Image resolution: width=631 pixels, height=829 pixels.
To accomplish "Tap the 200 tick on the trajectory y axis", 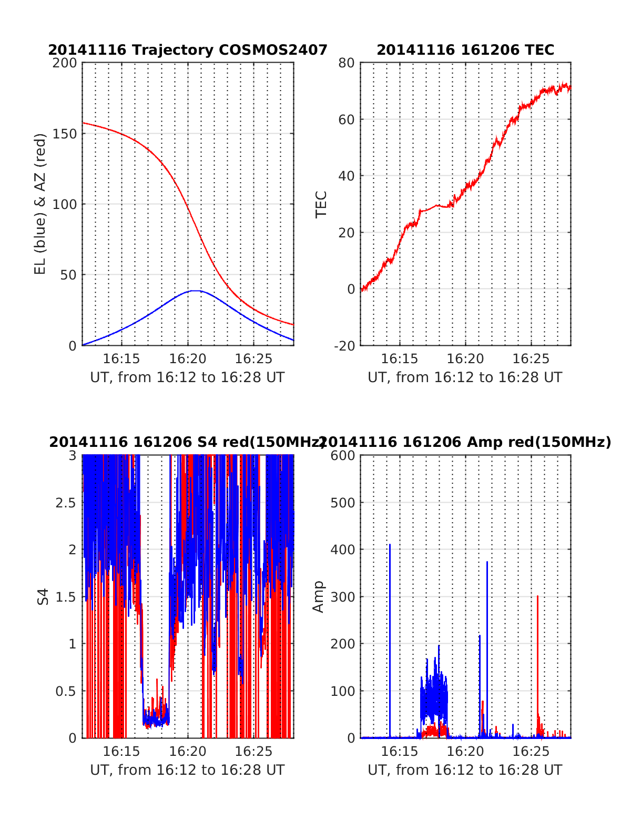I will coord(65,63).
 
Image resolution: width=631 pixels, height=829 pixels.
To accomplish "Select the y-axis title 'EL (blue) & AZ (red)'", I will coord(40,204).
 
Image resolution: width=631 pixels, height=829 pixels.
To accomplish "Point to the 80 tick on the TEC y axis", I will coord(347,63).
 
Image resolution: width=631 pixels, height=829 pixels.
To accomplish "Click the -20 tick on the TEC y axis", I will coord(344,346).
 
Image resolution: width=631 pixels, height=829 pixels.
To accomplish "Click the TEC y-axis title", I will coord(321,204).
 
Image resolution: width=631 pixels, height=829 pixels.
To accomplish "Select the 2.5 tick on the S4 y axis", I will coord(66,503).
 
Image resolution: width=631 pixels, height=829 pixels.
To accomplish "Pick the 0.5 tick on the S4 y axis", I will coord(66,691).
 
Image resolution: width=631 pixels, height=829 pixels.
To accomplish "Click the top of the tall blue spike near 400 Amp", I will coord(390,545).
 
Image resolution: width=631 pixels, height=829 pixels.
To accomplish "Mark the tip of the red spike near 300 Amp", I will coord(537,596).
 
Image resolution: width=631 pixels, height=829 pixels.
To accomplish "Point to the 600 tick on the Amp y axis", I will coord(343,456).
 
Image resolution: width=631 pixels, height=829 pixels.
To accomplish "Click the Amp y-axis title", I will coord(318,596).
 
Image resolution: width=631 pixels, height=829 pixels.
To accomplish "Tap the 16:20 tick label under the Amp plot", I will coord(465,752).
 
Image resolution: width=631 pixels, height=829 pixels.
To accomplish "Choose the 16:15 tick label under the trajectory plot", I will coord(121,359).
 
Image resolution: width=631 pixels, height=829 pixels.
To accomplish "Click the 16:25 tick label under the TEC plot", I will coord(531,359).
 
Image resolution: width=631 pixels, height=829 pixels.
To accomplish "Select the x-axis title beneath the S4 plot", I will coord(187,770).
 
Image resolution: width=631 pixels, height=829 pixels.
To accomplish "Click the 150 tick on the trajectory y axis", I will coord(65,134).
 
